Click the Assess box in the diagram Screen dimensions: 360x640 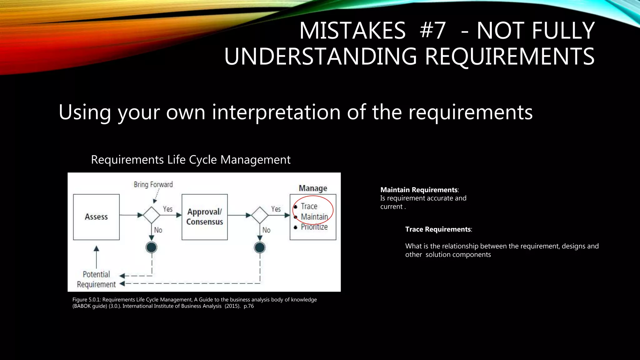tap(96, 217)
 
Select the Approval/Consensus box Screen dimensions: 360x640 tap(205, 217)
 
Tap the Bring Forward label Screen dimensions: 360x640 tap(153, 184)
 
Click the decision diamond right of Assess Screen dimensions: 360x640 tap(152, 215)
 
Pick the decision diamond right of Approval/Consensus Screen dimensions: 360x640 tap(260, 215)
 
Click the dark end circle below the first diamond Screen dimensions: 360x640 tap(152, 247)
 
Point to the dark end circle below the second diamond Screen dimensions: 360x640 tap(260, 247)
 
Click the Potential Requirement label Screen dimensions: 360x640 tap(96, 279)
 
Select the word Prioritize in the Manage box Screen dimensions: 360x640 tap(314, 227)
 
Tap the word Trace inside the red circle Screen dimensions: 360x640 tap(309, 206)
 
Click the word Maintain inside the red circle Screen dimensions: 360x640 tap(314, 217)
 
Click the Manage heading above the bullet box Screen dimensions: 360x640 tap(313, 188)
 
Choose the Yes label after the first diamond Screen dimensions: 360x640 tap(167, 209)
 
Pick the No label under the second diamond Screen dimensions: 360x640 tap(266, 230)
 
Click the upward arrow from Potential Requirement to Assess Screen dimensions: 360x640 tap(96, 256)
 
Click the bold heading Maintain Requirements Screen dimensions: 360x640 tap(419, 190)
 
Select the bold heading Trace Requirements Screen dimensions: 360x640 tap(438, 229)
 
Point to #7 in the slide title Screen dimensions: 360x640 tap(432, 31)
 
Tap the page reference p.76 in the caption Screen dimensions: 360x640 tap(249, 306)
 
